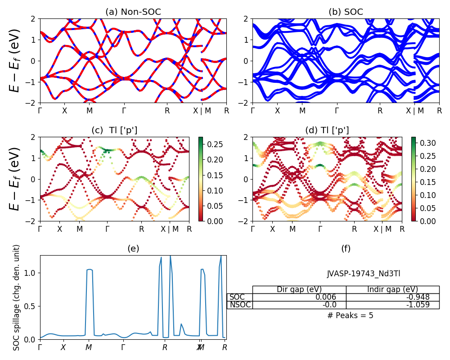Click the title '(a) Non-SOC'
click(x=133, y=12)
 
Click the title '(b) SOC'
click(x=346, y=12)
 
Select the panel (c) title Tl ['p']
click(x=114, y=130)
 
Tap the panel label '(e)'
click(x=133, y=248)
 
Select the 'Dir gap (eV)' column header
click(x=299, y=289)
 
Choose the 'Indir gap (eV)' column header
click(x=392, y=289)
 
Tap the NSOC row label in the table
click(x=240, y=305)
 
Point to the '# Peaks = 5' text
click(x=350, y=315)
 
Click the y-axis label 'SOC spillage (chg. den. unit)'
click(x=17, y=297)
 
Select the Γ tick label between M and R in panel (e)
click(x=123, y=347)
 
